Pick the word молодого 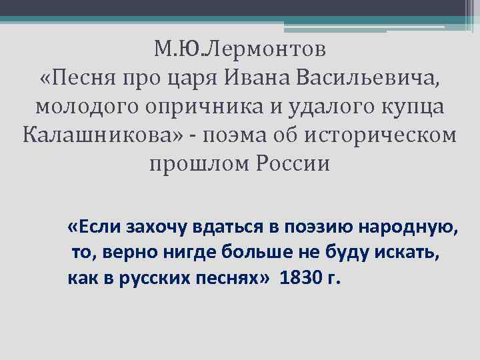85,107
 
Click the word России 293,164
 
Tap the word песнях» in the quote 228,278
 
